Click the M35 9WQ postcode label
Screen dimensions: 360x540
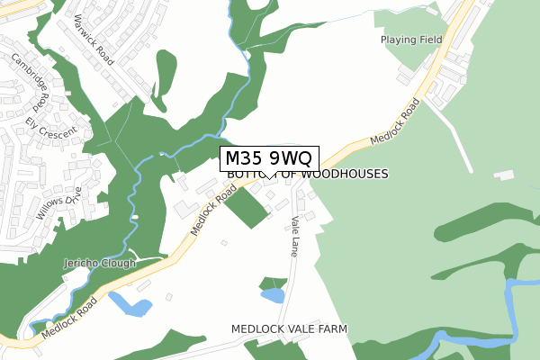(x=269, y=157)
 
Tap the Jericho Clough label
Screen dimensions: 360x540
(x=99, y=264)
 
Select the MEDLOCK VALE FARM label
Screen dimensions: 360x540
(x=288, y=329)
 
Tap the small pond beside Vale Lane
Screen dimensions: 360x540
(x=273, y=294)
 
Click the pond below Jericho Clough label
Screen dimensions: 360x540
(x=130, y=305)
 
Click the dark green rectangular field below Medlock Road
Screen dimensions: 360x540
(x=246, y=208)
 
